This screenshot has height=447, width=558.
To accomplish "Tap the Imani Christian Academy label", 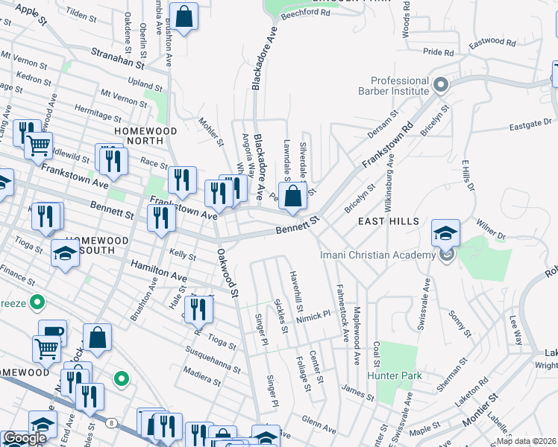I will tap(377, 256).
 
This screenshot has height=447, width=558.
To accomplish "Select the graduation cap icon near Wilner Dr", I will tap(445, 234).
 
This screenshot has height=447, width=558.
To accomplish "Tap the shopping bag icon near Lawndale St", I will tap(295, 197).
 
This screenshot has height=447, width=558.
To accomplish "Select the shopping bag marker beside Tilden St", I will tap(184, 16).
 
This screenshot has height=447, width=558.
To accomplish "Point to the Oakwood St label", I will tap(226, 273).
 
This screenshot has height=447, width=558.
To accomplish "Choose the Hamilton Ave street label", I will tap(159, 271).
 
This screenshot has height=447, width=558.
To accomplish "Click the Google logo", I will tap(25, 439).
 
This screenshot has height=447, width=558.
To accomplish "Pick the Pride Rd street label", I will tap(438, 53).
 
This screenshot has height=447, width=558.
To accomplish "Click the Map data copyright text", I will tap(527, 441).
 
